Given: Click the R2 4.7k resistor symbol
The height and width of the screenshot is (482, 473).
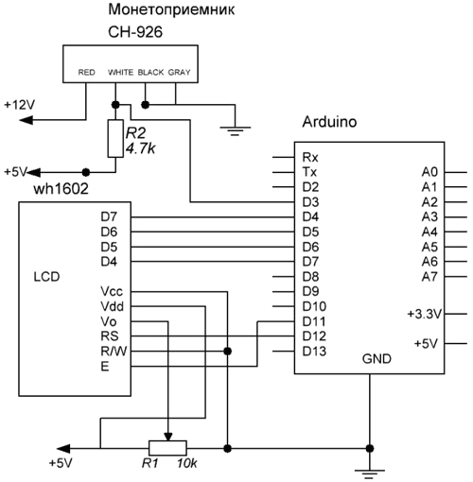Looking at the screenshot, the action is [x=115, y=138].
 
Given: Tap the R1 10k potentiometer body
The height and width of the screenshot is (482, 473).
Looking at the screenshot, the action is [x=167, y=448].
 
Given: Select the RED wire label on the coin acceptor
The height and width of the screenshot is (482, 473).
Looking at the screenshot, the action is [x=86, y=73].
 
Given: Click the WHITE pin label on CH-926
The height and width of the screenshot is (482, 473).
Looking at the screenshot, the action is [x=120, y=73].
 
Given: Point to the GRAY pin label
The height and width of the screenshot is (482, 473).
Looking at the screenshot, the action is [x=179, y=73].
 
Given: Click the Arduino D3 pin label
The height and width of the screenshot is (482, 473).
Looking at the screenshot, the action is [x=310, y=202].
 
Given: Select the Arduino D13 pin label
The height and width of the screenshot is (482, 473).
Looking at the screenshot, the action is [x=314, y=352].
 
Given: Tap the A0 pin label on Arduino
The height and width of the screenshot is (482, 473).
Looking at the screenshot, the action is [x=429, y=172].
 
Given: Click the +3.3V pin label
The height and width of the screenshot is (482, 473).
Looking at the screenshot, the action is [x=425, y=314].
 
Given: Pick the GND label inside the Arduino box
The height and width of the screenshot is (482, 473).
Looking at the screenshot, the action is [x=377, y=359].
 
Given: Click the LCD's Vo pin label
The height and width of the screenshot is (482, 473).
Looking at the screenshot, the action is [x=109, y=321].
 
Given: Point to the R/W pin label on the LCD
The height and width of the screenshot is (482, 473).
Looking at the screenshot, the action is [x=114, y=351].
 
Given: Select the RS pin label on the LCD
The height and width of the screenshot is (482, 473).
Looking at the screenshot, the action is [x=110, y=336].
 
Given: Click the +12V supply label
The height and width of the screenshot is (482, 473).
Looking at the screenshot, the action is [x=19, y=105].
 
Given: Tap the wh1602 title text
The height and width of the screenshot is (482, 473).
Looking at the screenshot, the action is [x=61, y=189].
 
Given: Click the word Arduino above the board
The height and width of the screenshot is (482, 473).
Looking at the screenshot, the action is [x=329, y=122].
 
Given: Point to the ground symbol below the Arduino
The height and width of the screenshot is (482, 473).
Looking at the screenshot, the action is [x=370, y=473].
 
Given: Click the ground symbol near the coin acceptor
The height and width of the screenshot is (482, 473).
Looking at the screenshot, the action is [x=235, y=130].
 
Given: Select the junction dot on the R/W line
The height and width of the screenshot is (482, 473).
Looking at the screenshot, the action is [x=227, y=351].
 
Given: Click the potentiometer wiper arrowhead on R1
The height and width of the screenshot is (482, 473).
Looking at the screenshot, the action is [x=168, y=437].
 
